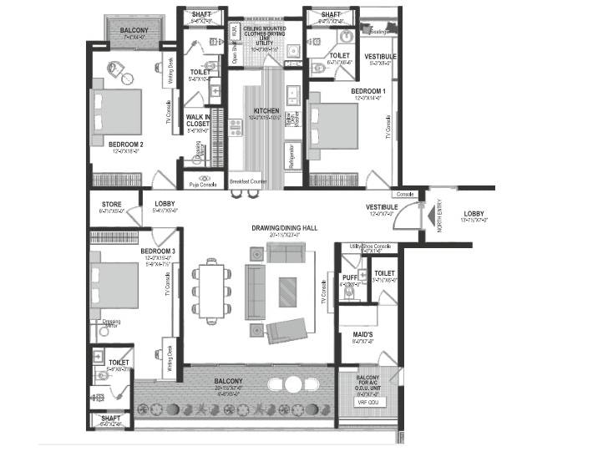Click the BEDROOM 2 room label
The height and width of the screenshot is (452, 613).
click(125, 144)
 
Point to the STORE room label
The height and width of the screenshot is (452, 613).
click(111, 204)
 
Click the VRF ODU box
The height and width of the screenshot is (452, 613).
click(367, 402)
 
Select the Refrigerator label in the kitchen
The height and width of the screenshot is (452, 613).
click(291, 153)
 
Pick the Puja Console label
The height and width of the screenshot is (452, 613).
click(203, 184)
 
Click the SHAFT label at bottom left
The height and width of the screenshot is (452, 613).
click(110, 419)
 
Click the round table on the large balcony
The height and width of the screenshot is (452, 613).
click(293, 384)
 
